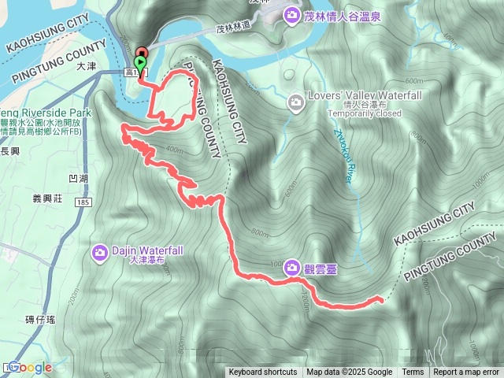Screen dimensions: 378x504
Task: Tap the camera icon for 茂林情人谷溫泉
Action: pyautogui.click(x=292, y=14)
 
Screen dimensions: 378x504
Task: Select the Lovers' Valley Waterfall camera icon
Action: pyautogui.click(x=296, y=102)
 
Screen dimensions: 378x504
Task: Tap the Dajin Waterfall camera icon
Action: pyautogui.click(x=100, y=252)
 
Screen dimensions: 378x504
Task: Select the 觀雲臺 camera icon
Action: pyautogui.click(x=292, y=268)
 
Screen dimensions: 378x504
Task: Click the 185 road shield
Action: pyautogui.click(x=83, y=202)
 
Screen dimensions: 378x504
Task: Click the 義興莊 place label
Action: pyautogui.click(x=49, y=198)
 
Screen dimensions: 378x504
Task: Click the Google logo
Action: pyautogui.click(x=29, y=367)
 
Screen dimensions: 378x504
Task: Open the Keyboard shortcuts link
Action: pyautogui.click(x=263, y=372)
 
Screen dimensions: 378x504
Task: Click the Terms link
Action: pyautogui.click(x=413, y=372)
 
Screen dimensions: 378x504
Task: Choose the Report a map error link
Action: pyautogui.click(x=466, y=372)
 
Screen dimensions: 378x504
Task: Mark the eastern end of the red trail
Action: pyautogui.click(x=381, y=299)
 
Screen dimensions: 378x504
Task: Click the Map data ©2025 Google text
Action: pyautogui.click(x=350, y=372)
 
